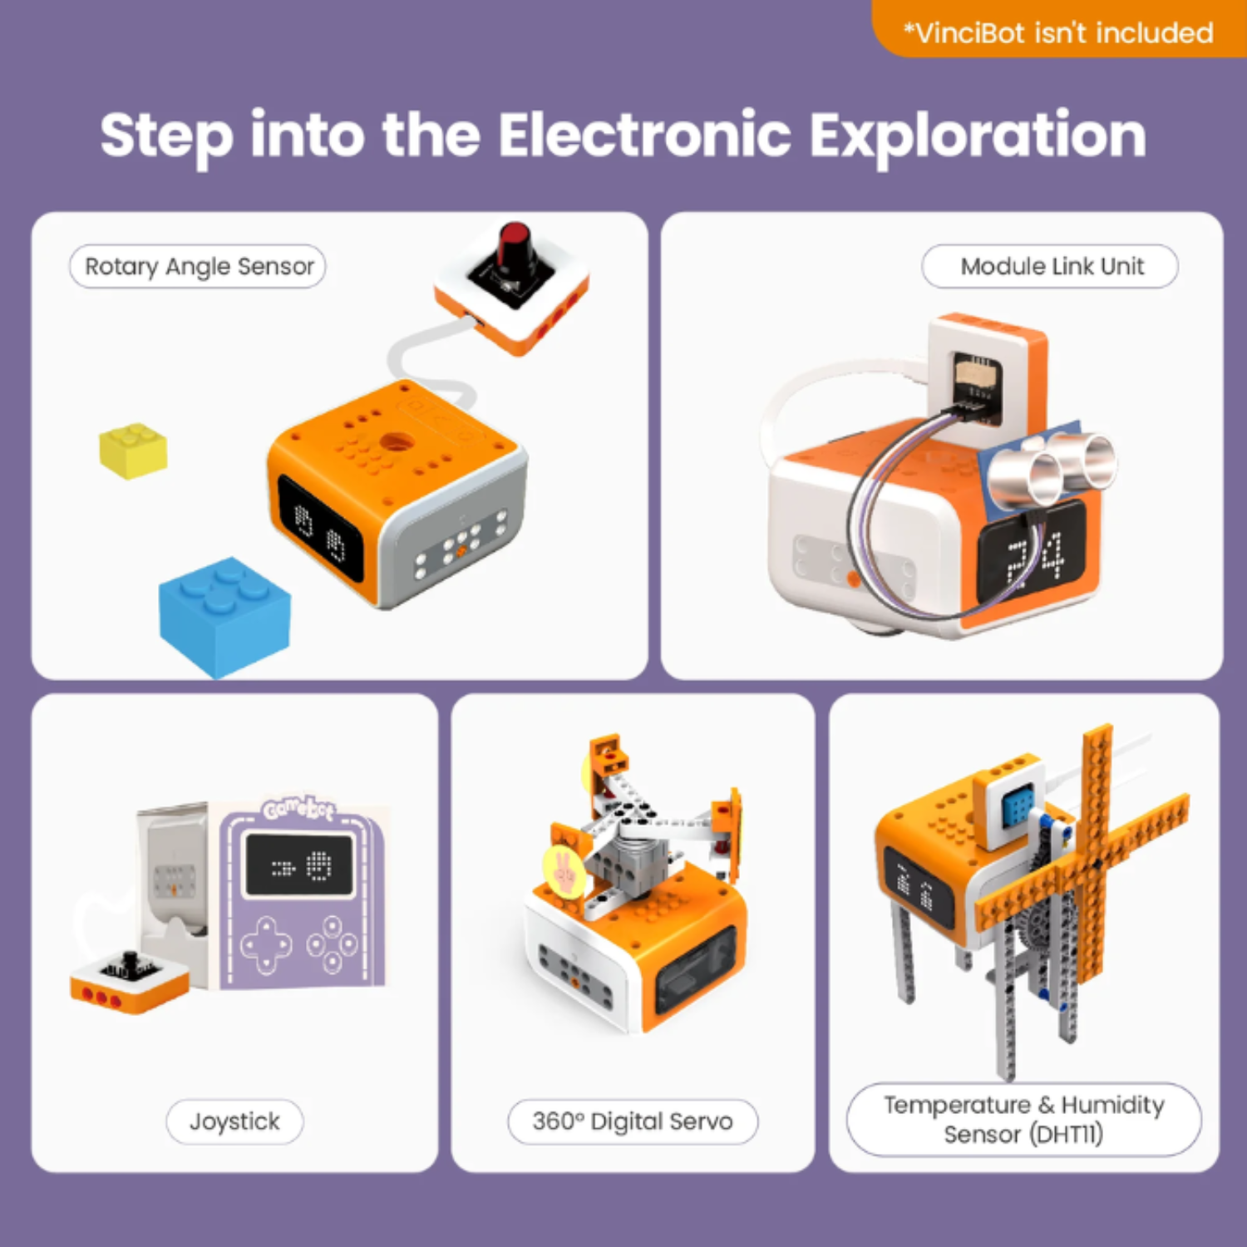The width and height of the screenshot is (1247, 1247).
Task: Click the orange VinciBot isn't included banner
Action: (x=1057, y=32)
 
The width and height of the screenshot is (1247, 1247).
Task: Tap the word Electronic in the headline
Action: (x=644, y=135)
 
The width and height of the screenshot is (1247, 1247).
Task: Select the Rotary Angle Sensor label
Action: (x=198, y=266)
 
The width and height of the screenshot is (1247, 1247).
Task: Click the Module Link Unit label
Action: (x=1051, y=266)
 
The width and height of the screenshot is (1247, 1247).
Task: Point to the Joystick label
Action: (x=234, y=1121)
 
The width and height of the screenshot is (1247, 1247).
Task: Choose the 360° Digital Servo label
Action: (x=633, y=1121)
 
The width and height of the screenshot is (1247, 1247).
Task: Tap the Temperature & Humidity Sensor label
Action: (x=1023, y=1119)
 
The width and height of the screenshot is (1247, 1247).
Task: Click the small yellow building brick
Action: (x=133, y=450)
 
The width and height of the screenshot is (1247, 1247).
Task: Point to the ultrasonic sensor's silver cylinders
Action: (x=1060, y=466)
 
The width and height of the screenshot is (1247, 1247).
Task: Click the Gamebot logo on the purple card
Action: (x=299, y=808)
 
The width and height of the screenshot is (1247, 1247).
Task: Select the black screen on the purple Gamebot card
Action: (x=299, y=865)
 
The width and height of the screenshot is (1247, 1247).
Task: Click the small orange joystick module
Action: (x=129, y=981)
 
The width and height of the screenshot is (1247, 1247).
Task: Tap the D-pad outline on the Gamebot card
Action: (x=266, y=944)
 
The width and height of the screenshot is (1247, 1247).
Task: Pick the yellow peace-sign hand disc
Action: (x=564, y=870)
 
